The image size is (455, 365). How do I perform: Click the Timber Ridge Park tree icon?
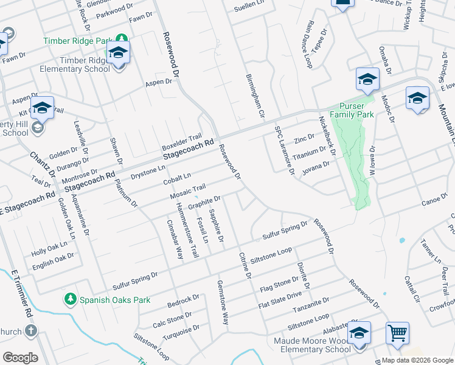point(122,40)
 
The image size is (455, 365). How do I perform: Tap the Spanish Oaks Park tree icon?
point(71,299)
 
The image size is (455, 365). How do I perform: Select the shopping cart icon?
point(397,333)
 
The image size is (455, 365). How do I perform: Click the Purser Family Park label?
point(352,109)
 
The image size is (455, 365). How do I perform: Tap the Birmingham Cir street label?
point(255,96)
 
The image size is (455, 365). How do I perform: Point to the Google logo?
point(20,358)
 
